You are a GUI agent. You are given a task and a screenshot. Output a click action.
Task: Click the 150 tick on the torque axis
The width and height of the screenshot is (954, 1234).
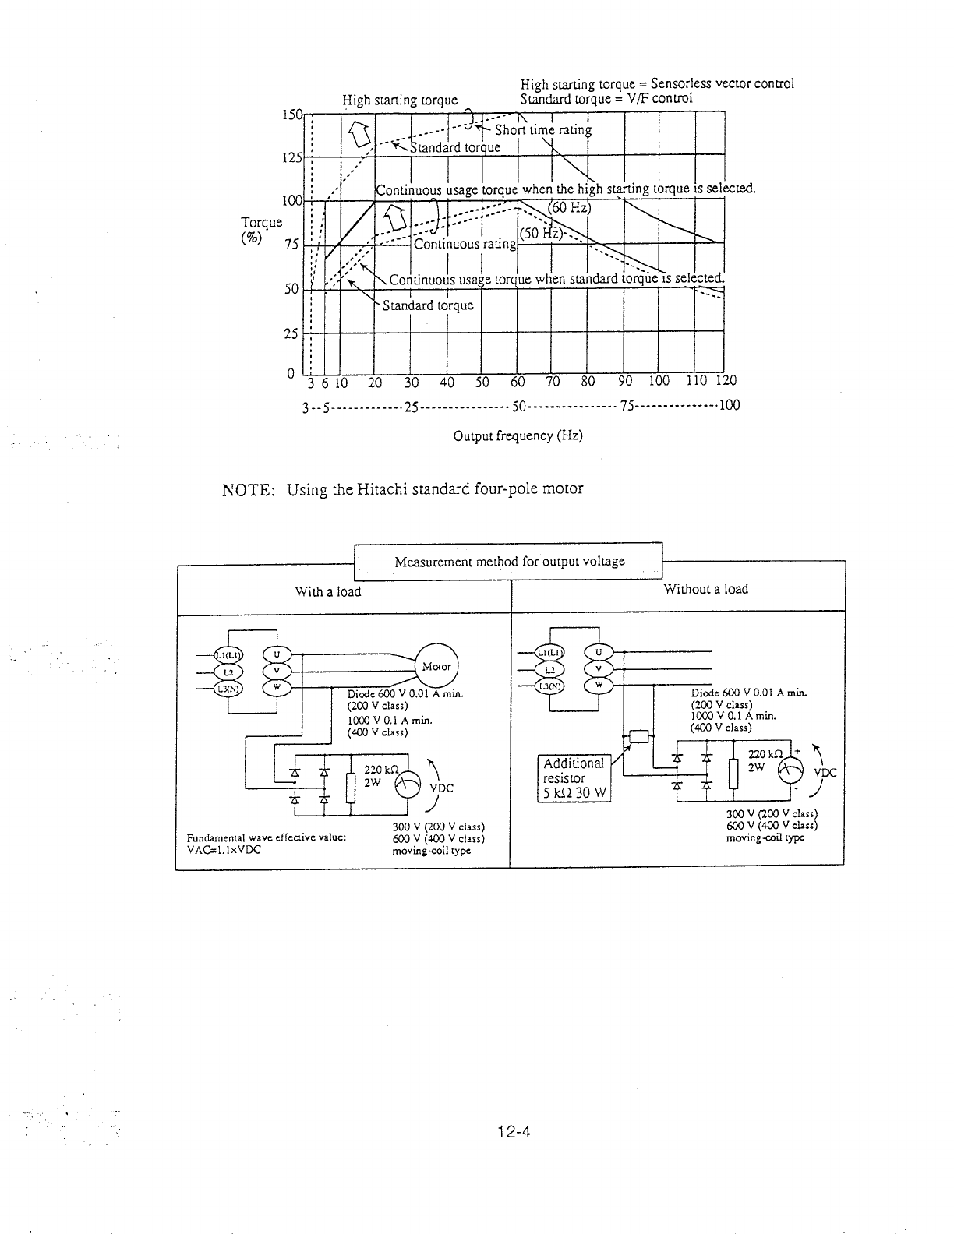coord(292,115)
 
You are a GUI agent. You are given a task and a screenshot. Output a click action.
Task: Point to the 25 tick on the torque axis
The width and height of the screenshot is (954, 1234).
coord(291,333)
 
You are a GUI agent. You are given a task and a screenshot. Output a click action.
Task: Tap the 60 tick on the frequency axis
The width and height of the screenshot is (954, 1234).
coord(518,382)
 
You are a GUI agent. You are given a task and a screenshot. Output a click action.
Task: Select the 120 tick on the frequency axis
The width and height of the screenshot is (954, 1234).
coord(726,381)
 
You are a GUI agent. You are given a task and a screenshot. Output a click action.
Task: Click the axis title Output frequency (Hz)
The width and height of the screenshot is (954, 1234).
coord(518,435)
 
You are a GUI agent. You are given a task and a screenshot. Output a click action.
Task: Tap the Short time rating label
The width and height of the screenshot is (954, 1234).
coord(543,130)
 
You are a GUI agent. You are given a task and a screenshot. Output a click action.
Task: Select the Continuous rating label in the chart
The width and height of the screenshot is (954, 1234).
coord(465,244)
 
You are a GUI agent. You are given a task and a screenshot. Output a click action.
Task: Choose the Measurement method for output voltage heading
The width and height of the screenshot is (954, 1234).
coord(509,561)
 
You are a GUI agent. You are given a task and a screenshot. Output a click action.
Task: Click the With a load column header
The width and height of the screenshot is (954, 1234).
coord(328,591)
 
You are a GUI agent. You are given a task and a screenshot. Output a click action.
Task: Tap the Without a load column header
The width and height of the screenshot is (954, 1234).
coord(705,589)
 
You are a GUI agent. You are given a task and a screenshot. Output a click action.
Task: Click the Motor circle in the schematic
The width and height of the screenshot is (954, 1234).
coord(437,667)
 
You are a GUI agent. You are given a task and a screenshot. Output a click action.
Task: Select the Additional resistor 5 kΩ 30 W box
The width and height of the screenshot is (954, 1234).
coord(574,778)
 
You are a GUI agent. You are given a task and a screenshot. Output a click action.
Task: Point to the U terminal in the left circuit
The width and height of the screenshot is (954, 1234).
coord(277,654)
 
